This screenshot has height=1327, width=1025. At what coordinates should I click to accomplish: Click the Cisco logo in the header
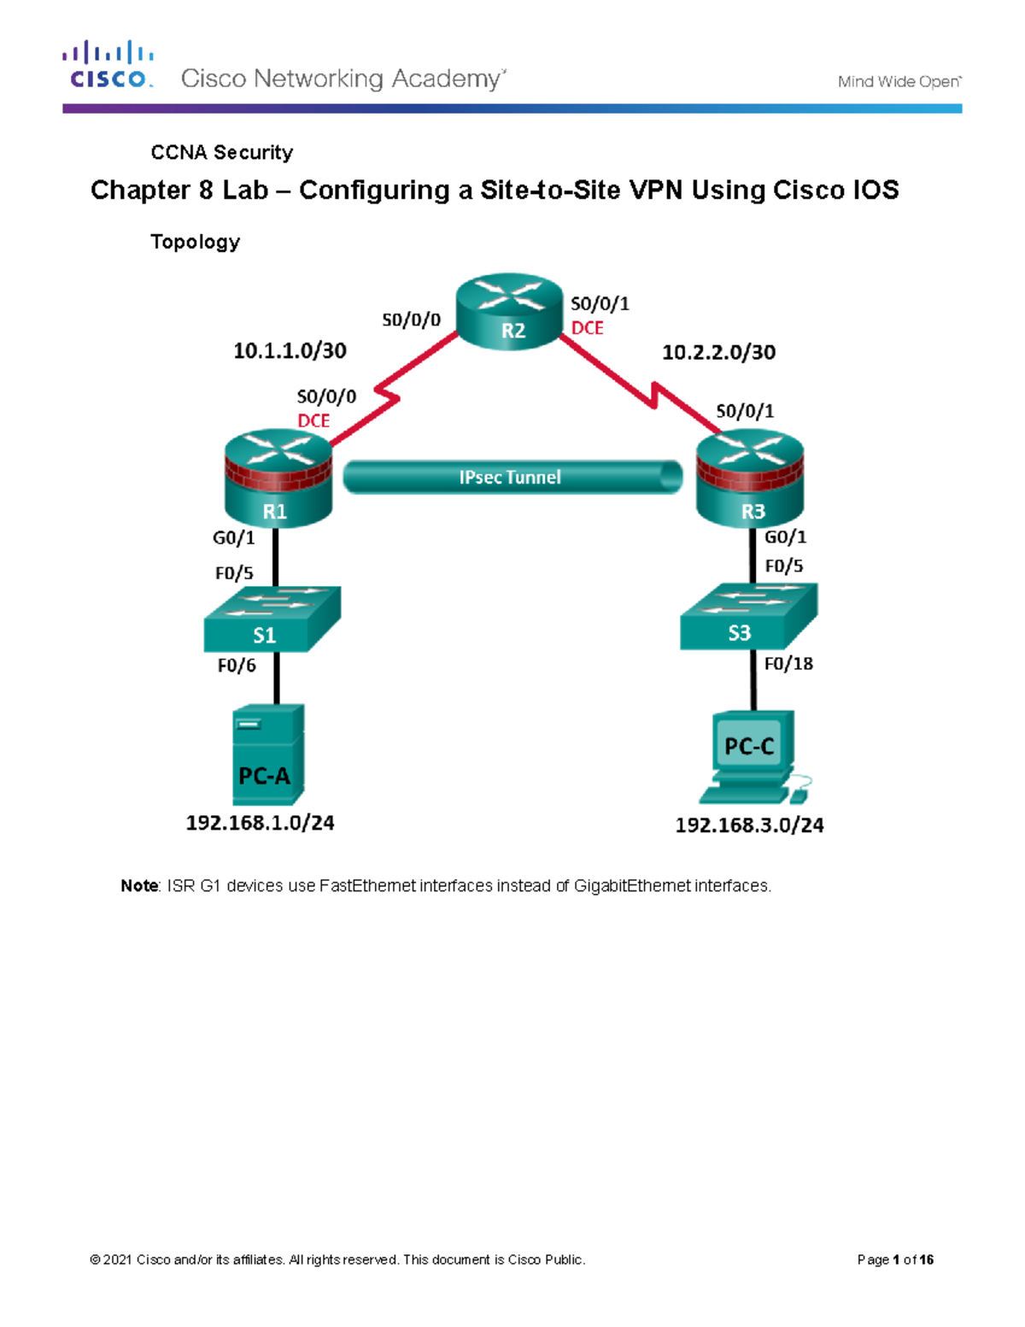click(108, 65)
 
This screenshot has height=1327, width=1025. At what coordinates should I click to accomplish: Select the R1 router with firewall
click(278, 479)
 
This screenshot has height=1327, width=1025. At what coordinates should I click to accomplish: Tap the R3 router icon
click(750, 479)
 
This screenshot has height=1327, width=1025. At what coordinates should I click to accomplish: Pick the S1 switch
click(272, 619)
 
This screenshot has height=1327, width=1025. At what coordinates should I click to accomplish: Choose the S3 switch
click(748, 617)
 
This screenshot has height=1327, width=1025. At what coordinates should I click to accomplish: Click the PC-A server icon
click(267, 755)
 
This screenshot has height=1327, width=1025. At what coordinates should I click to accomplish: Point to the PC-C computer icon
click(753, 756)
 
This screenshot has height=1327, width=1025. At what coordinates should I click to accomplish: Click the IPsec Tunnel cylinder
click(512, 477)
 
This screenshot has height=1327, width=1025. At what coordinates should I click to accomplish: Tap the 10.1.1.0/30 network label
click(290, 351)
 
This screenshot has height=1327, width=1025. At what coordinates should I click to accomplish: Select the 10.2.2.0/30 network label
click(718, 352)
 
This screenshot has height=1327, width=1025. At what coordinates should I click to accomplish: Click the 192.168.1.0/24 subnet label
click(260, 823)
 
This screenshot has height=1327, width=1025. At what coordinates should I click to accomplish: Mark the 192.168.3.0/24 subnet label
click(749, 825)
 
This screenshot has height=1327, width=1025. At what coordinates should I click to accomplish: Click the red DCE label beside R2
click(587, 328)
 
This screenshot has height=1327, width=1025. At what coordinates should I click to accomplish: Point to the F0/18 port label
click(788, 664)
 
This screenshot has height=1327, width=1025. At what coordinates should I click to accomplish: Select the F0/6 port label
click(237, 666)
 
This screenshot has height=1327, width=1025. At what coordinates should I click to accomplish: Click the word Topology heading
click(195, 242)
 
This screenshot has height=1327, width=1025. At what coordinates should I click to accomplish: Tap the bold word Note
click(139, 886)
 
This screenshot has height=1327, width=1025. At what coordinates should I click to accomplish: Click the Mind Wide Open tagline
click(899, 82)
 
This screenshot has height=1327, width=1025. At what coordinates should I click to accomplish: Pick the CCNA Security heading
click(221, 152)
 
